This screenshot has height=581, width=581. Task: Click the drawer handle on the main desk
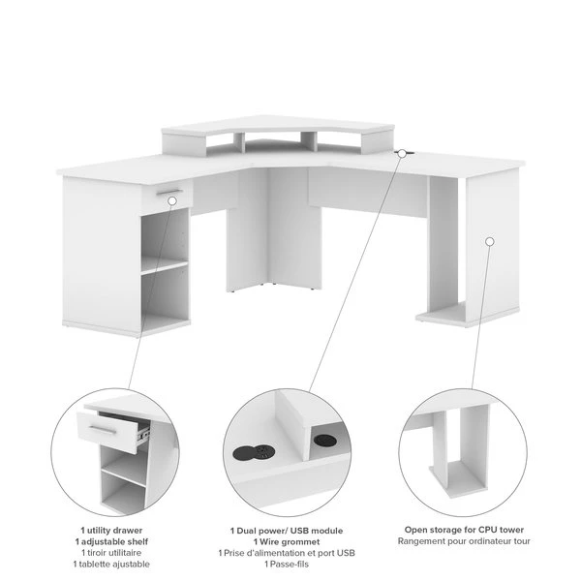169,192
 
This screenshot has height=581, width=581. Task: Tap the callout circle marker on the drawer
172,201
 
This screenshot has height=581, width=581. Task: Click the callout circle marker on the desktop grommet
402,153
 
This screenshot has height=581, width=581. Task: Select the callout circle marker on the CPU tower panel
489,241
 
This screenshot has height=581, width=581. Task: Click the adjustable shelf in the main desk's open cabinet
165,265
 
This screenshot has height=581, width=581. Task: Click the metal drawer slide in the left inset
143,433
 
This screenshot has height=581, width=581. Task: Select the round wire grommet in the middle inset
323,441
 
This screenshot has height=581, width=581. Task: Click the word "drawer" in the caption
128,531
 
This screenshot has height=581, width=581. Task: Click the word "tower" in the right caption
513,530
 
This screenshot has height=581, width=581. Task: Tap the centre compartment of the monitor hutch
272,144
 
